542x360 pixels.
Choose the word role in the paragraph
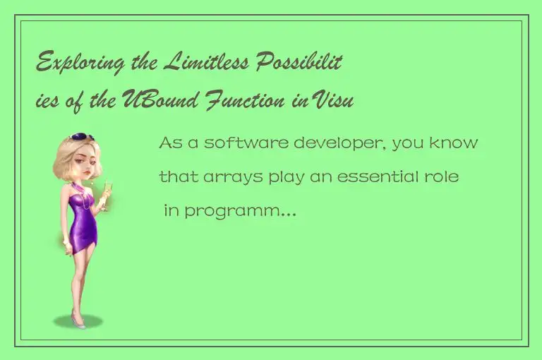443,176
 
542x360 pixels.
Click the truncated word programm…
239,211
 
